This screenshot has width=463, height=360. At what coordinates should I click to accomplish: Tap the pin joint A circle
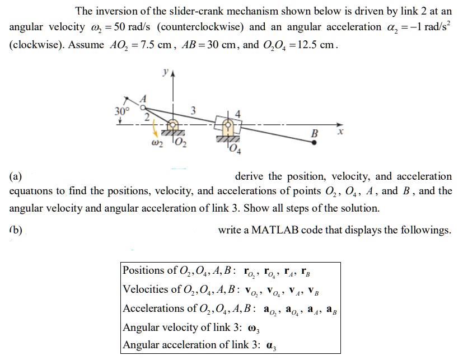143,106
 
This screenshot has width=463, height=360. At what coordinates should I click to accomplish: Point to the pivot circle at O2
175,124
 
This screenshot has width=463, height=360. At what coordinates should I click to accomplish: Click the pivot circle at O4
228,124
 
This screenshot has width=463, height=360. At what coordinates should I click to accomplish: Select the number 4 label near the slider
237,113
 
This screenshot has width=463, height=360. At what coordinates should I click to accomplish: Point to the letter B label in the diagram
315,133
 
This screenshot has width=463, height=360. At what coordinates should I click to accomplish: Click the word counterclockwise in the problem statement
206,27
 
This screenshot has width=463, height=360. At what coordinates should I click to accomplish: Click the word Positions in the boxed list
143,270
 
